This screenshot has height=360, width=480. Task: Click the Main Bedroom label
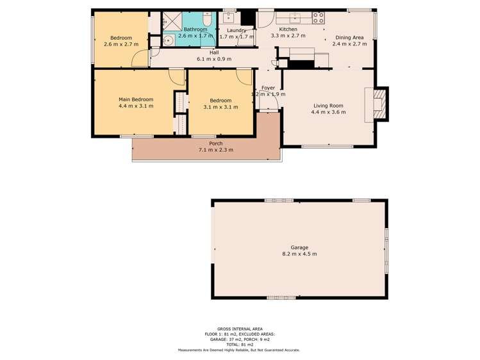point(136,99)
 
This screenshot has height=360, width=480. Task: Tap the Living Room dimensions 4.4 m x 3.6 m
point(328,112)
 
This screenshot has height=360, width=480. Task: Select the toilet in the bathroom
point(207,19)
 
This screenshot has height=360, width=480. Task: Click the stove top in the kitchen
point(318,18)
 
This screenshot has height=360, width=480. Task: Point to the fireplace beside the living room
point(379,104)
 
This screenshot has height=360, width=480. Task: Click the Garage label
point(299,247)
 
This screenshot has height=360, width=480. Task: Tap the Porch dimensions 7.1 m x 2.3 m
point(216,150)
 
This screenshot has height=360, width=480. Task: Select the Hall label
point(214,53)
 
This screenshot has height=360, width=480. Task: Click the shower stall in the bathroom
point(172,21)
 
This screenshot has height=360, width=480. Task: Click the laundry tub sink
point(229,17)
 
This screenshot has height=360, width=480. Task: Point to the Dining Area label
point(350,38)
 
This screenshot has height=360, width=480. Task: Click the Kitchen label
point(288,29)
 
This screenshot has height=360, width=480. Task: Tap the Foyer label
point(268,88)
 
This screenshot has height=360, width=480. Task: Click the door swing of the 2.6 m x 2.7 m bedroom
point(140,58)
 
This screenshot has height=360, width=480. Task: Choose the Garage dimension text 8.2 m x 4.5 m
point(299,254)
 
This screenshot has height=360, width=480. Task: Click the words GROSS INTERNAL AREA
point(240,329)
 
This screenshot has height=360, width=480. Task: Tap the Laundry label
point(236,30)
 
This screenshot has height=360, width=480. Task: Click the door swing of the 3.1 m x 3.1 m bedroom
point(244,78)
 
